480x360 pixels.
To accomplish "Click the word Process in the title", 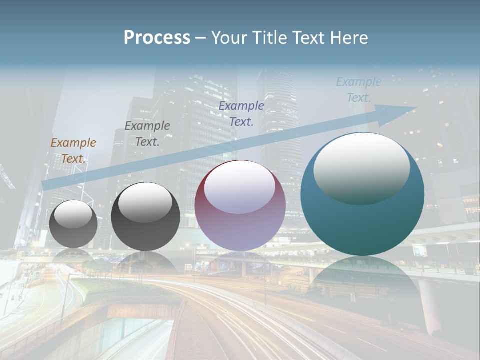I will [157, 38].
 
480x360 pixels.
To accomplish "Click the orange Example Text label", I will [73, 150].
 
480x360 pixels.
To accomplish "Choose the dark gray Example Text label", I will [147, 133].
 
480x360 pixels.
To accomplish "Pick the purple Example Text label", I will [241, 113].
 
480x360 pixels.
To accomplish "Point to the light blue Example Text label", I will [359, 89].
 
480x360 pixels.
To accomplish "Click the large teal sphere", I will [362, 220].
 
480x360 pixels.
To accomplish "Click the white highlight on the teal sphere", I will [362, 167].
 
